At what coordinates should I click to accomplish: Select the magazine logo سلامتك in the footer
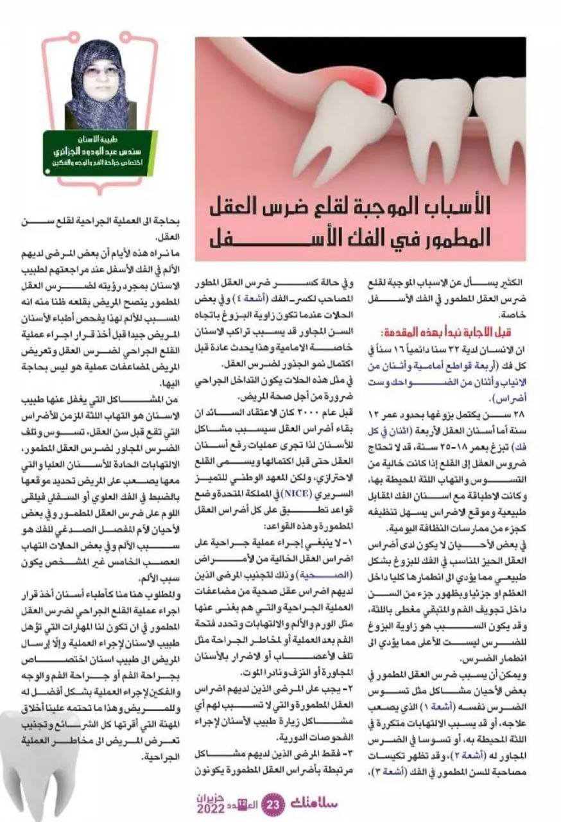coord(311,803)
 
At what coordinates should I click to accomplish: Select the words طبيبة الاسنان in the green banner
coord(101,138)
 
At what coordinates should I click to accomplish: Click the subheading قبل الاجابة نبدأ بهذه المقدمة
coord(440,334)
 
